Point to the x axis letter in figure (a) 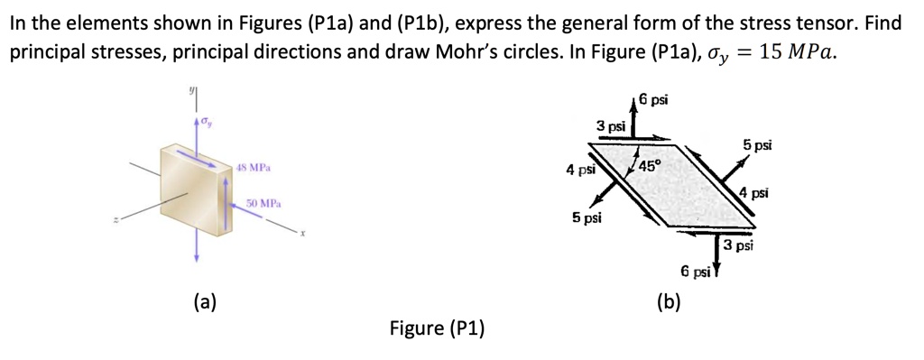tap(304, 234)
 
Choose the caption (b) tap(669, 301)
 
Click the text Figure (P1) tap(437, 327)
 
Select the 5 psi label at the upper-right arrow tap(757, 144)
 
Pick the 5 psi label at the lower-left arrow tap(587, 217)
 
